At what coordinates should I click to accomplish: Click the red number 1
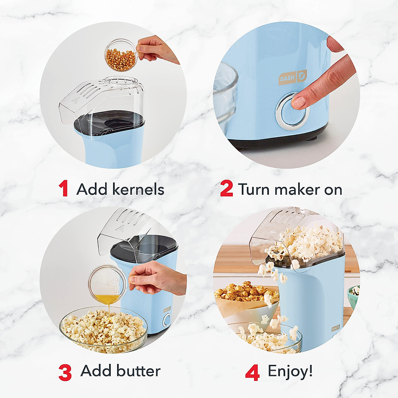63,189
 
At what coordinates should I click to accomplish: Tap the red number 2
227,189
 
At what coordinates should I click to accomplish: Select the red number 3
65,372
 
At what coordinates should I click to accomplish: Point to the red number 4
252,372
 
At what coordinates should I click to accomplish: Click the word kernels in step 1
138,189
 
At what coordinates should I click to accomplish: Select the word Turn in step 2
254,189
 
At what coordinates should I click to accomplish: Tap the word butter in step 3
138,370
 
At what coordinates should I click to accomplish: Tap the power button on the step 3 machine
167,320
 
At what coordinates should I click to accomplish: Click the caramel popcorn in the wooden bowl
245,292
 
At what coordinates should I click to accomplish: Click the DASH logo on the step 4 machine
335,328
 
